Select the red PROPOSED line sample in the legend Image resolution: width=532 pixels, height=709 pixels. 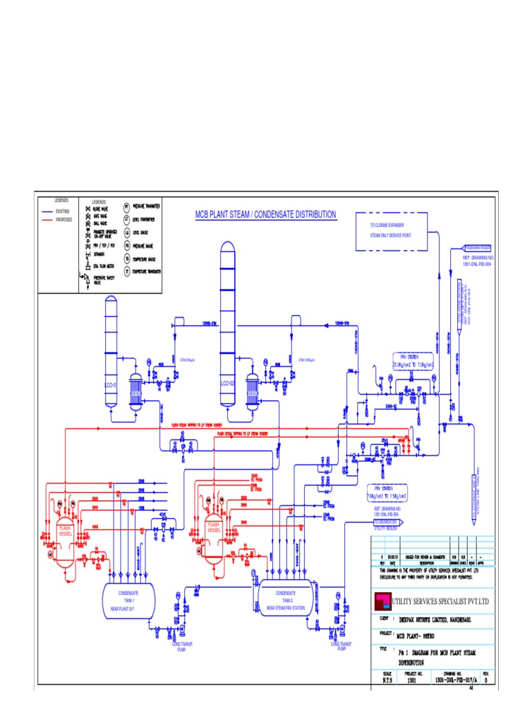47,218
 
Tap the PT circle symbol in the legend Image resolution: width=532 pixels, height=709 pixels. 127,206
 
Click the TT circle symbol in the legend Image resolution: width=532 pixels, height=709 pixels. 127,271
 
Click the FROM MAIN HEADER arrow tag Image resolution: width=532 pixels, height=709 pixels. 477,247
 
